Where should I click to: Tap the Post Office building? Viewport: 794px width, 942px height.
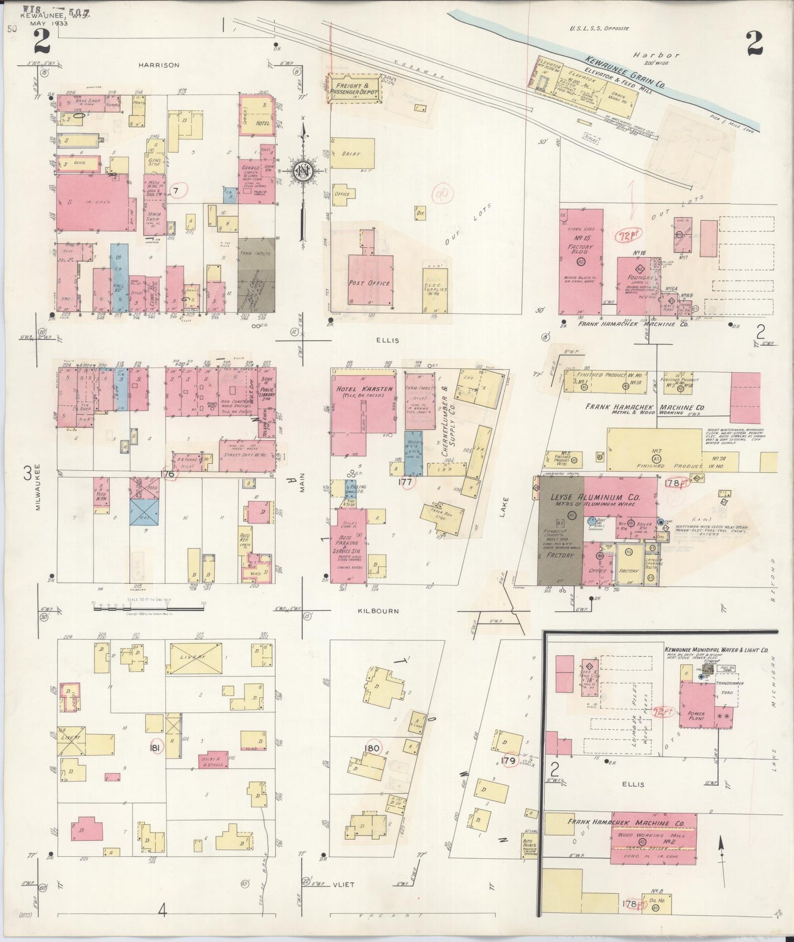(x=369, y=282)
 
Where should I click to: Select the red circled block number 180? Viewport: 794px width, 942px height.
(x=372, y=748)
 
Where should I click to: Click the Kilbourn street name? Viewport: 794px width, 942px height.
(x=385, y=611)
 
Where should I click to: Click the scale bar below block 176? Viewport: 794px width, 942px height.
(x=148, y=606)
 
